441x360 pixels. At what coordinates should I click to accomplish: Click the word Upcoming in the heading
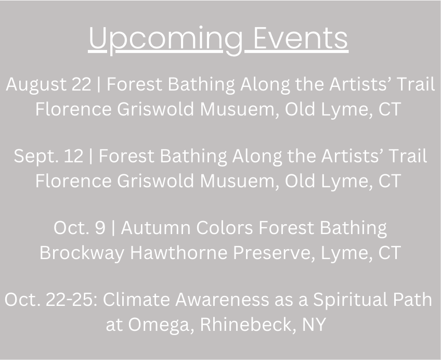tap(165, 39)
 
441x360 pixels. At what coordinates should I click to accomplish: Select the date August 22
tap(48, 85)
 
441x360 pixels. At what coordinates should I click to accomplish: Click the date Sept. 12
tap(49, 157)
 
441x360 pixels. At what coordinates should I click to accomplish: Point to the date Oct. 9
tap(80, 228)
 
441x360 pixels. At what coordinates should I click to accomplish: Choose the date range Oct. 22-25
tap(51, 300)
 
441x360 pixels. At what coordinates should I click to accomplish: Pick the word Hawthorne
tap(179, 253)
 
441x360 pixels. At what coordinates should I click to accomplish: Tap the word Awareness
tap(222, 300)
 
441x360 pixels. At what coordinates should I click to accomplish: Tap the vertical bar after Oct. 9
tap(113, 228)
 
